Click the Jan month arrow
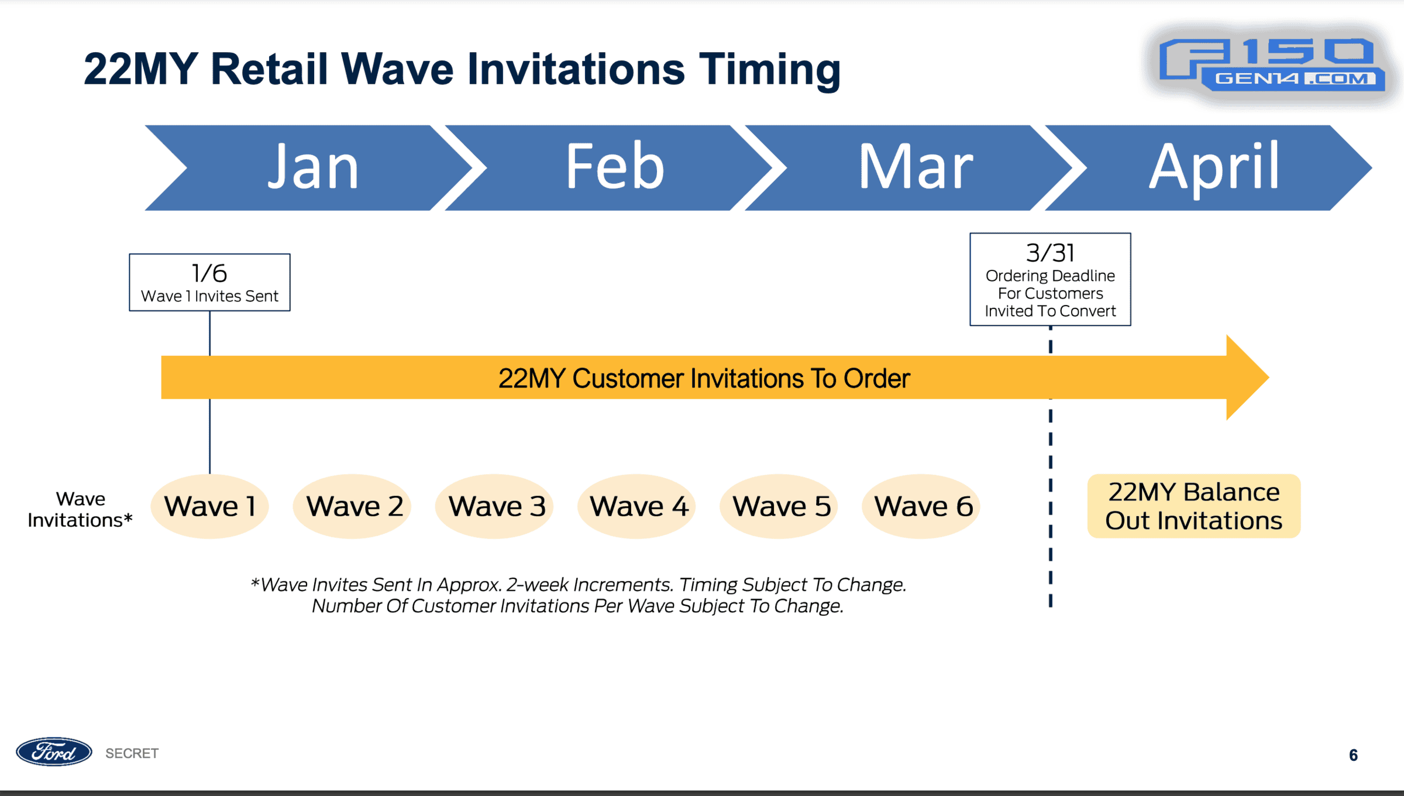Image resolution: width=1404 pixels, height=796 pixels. pos(310,168)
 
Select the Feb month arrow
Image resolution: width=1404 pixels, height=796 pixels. pos(611,168)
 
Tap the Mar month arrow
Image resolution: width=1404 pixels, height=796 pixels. pos(913,168)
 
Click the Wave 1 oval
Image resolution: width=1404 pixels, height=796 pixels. pos(209,506)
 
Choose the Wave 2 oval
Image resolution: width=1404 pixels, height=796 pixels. pos(352,506)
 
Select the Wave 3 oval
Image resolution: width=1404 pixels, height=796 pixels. pos(495,506)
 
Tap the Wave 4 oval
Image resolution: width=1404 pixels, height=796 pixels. pos(637,506)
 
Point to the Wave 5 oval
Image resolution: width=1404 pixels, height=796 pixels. pos(779,506)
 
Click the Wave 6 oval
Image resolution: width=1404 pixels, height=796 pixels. pos(921,506)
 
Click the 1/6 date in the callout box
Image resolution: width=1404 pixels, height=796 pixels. pos(209,273)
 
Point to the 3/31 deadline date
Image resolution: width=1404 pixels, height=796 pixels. pos(1051,253)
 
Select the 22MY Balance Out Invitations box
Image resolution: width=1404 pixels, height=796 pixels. pos(1194,506)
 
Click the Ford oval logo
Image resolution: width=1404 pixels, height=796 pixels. pos(54,752)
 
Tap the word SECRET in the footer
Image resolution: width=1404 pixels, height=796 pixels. pos(132,753)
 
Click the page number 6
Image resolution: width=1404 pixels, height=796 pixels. pos(1353,755)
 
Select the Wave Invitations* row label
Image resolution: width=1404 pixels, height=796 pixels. pos(80,509)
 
